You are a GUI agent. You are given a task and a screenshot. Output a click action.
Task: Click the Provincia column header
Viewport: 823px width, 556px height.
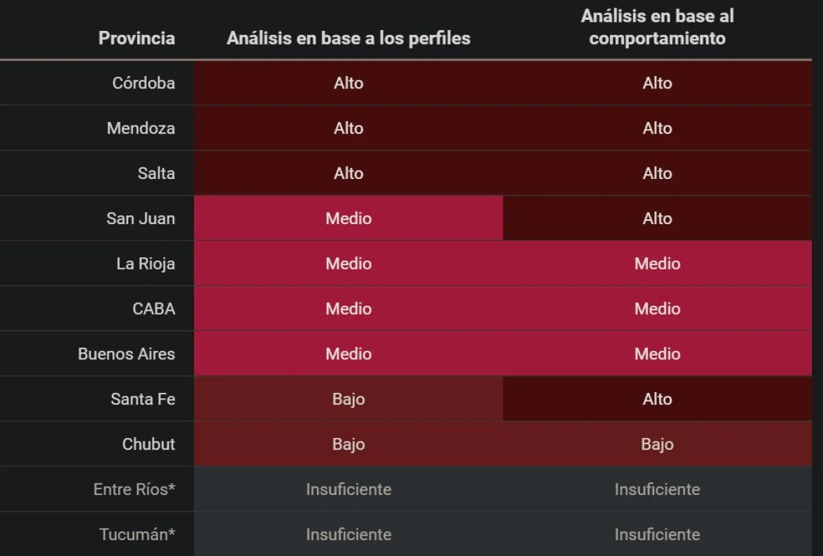(x=136, y=38)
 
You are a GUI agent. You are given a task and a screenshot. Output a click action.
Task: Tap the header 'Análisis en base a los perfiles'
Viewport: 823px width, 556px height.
(x=348, y=38)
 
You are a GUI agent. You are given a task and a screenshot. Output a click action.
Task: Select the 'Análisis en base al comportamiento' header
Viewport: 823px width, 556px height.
(x=657, y=27)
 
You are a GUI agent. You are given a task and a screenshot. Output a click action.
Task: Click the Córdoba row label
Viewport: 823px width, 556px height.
(x=143, y=83)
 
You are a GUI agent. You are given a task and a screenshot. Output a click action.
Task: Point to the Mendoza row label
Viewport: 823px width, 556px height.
(x=141, y=128)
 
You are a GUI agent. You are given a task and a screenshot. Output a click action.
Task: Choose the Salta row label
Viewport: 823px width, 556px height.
(x=156, y=173)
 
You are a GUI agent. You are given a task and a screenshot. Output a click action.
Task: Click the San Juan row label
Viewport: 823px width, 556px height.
(x=141, y=219)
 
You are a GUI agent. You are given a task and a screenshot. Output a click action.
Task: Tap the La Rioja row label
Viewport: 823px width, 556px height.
(x=145, y=264)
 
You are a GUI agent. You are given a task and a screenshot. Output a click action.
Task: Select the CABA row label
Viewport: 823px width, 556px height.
(x=154, y=309)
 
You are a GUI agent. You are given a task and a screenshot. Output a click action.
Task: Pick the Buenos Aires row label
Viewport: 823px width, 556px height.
(x=126, y=354)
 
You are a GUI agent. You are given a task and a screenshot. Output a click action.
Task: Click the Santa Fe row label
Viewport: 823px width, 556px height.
(x=143, y=399)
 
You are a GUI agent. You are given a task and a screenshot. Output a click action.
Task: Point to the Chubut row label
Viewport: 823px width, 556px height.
(x=148, y=444)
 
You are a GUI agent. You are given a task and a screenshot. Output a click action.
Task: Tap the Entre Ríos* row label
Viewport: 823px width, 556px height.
(x=134, y=489)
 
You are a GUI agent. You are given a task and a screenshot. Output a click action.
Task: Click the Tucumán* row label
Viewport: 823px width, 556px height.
(x=137, y=535)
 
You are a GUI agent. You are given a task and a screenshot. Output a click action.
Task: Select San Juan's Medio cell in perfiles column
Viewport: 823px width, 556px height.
(x=348, y=219)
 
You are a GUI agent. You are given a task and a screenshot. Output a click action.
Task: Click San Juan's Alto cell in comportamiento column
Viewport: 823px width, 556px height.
(x=657, y=219)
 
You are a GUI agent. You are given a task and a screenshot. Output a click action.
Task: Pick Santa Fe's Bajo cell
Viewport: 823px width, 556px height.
(x=348, y=399)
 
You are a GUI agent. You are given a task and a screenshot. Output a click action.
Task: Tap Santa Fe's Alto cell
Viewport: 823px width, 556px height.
(x=657, y=399)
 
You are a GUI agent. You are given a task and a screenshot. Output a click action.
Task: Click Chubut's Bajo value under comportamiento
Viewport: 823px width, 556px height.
(x=657, y=444)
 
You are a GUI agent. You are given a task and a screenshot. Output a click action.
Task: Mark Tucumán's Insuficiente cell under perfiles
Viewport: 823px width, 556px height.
(x=348, y=535)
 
